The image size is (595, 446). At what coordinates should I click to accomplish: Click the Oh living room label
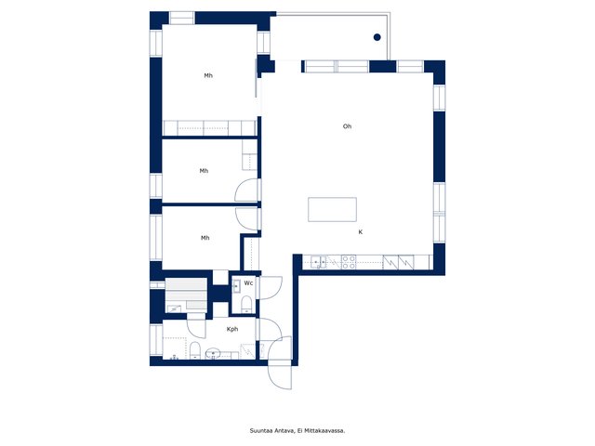[347, 126]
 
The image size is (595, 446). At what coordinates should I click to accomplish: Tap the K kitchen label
[361, 232]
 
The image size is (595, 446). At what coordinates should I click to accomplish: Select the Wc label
[248, 283]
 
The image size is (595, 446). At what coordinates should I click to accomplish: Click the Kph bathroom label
[232, 329]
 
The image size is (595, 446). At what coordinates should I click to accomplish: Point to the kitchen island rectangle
[332, 209]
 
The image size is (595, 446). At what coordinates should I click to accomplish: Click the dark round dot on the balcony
[377, 37]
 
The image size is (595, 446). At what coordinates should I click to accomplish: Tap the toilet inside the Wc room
[246, 304]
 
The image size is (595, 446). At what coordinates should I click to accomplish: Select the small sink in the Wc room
[236, 285]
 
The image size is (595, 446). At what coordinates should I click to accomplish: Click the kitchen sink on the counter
[318, 262]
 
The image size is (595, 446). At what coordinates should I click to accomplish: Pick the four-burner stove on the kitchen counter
[349, 262]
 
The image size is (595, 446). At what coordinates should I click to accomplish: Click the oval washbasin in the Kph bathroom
[213, 354]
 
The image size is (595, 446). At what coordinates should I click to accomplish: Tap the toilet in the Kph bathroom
[194, 350]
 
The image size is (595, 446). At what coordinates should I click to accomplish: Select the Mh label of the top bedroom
[208, 76]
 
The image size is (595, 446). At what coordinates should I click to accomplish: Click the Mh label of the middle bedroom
[204, 171]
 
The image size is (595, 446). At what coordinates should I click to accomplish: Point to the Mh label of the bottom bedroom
[205, 238]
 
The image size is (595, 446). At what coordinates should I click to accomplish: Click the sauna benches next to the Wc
[186, 295]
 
